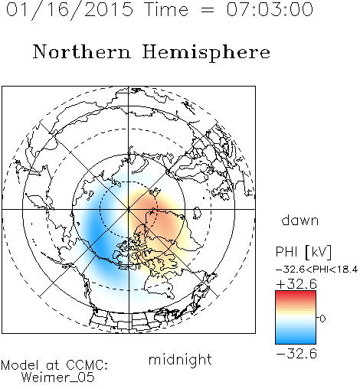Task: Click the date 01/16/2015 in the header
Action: click(x=70, y=9)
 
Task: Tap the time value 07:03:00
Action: click(x=270, y=9)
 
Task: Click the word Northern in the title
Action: click(x=82, y=51)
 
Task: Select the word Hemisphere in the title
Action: click(x=206, y=52)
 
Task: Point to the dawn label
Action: click(x=300, y=220)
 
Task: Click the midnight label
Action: click(x=180, y=359)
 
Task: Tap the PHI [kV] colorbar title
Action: click(x=303, y=252)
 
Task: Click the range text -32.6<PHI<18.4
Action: click(x=316, y=270)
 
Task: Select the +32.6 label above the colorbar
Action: click(x=296, y=284)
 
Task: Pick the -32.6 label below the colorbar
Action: click(x=296, y=354)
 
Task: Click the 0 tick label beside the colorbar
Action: click(x=322, y=319)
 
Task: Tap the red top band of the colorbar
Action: click(x=296, y=294)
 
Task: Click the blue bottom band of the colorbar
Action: click(x=296, y=340)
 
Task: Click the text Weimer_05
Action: click(x=58, y=377)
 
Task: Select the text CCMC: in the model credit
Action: click(x=87, y=365)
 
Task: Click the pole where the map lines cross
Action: click(x=129, y=209)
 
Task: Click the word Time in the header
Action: click(x=166, y=9)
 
